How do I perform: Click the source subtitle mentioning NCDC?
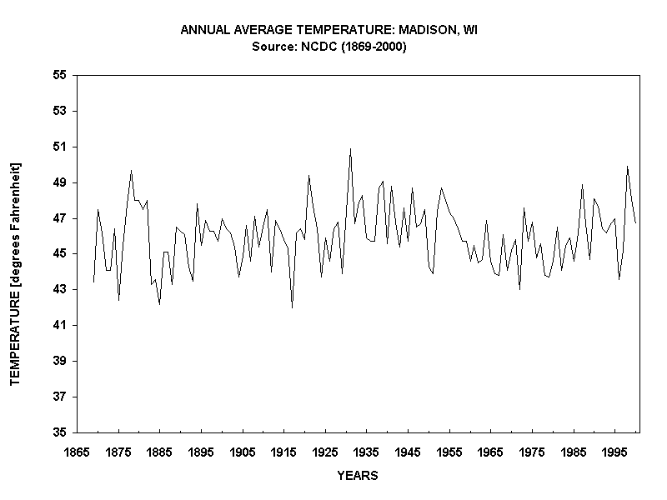coord(328,47)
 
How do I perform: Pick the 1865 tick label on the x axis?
coord(77,451)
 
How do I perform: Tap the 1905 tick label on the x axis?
coord(242,451)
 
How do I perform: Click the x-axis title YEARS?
coord(357,476)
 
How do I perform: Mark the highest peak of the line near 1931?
coord(350,149)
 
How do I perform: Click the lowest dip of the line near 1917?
coord(292,307)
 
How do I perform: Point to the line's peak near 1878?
coord(131,171)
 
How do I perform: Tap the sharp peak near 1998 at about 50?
coord(627,167)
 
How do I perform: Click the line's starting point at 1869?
coord(93,282)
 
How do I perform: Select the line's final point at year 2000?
coord(635,222)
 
